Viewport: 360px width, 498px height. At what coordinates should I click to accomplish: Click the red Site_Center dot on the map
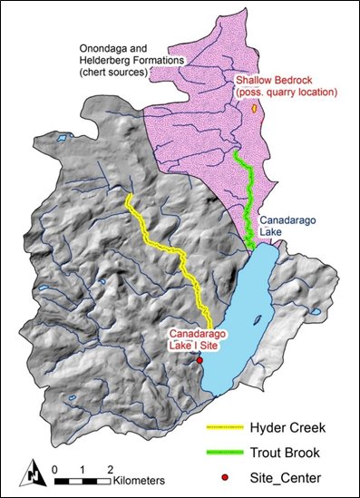199,360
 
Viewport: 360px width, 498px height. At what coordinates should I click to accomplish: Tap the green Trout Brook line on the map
245,190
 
